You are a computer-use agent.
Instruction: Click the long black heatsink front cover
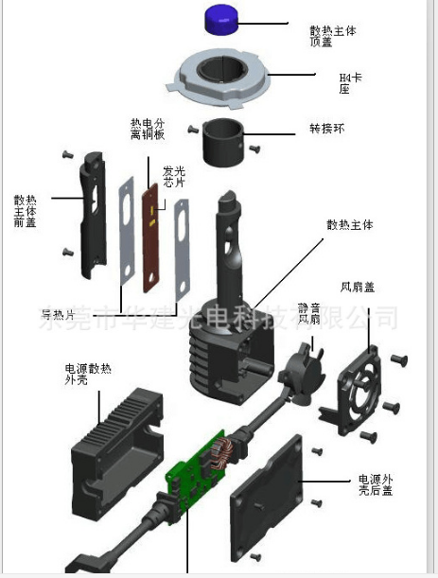pyautogui.click(x=92, y=214)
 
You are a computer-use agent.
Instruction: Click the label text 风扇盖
pyautogui.click(x=357, y=286)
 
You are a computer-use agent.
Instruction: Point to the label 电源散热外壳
pyautogui.click(x=81, y=376)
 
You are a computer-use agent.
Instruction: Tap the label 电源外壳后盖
pyautogui.click(x=377, y=484)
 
